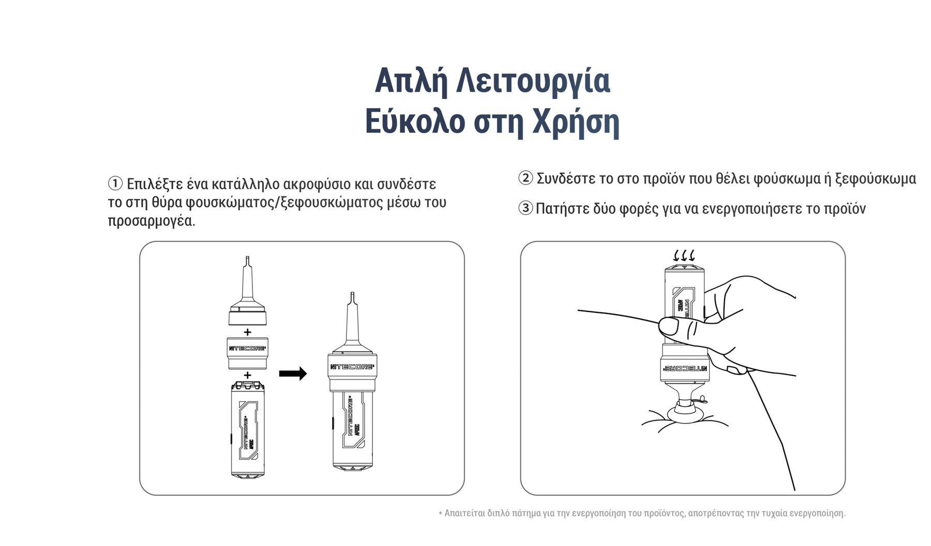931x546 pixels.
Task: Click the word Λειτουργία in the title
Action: pos(533,82)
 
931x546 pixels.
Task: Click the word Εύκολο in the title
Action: pos(415,122)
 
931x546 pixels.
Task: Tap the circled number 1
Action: pos(115,184)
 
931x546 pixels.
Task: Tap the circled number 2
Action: pos(525,178)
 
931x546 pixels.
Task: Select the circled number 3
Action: pos(525,208)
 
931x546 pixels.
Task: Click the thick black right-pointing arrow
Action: pos(293,373)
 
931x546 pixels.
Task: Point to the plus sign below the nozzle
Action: pos(247,332)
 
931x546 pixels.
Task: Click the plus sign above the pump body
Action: pos(247,375)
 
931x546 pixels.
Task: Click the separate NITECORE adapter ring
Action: pos(247,353)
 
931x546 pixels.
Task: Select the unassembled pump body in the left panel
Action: pos(247,430)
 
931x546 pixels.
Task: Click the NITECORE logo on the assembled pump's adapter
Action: pos(352,367)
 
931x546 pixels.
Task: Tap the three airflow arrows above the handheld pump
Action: pos(684,255)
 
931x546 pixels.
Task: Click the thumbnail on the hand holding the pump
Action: pos(669,326)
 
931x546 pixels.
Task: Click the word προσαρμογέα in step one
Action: pos(152,221)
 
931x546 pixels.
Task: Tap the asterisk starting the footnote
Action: pos(440,513)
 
